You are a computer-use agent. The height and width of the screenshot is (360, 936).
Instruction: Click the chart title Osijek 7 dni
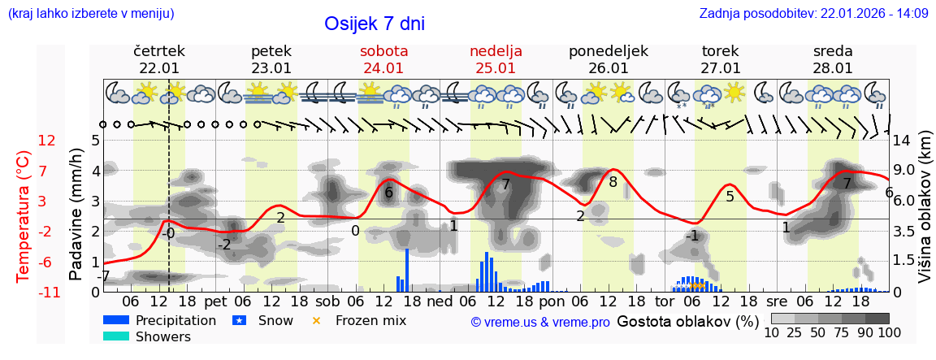[374, 24]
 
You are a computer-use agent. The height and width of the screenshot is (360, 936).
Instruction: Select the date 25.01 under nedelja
[496, 68]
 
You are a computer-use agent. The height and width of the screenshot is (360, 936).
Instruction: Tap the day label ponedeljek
[608, 51]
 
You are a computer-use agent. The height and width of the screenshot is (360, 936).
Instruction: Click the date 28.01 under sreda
[833, 68]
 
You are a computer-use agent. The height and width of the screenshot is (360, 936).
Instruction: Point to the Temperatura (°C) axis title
[24, 215]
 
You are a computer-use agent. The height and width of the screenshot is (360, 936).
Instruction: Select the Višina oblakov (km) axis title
[925, 215]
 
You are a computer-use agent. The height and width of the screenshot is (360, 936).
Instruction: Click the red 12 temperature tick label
[46, 141]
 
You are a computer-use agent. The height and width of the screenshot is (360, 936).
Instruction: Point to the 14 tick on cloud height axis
[901, 141]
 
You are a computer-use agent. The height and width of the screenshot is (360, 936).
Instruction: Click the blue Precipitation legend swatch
[116, 320]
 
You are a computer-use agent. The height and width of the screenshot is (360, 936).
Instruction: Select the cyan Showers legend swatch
[116, 336]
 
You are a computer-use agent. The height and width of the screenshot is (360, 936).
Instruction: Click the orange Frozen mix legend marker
[316, 320]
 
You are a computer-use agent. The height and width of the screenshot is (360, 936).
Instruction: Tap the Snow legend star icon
[239, 320]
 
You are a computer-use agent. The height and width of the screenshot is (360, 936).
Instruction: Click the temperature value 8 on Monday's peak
[613, 182]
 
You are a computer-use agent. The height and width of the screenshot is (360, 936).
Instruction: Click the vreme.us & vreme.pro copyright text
[540, 322]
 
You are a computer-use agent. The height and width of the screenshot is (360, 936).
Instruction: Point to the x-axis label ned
[440, 301]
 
